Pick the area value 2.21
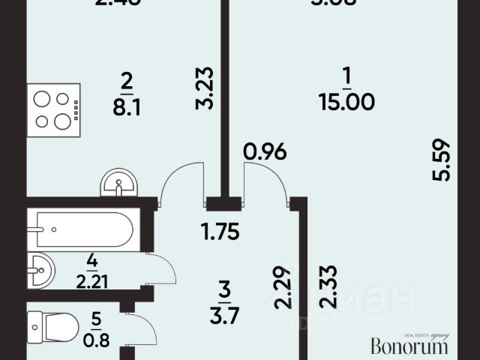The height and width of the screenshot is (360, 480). point(91,284)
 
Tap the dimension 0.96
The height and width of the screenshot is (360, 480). point(265,153)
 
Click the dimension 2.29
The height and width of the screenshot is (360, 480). point(282,289)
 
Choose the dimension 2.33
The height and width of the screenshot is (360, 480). point(327,288)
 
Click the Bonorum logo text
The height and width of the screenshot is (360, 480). point(410,346)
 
